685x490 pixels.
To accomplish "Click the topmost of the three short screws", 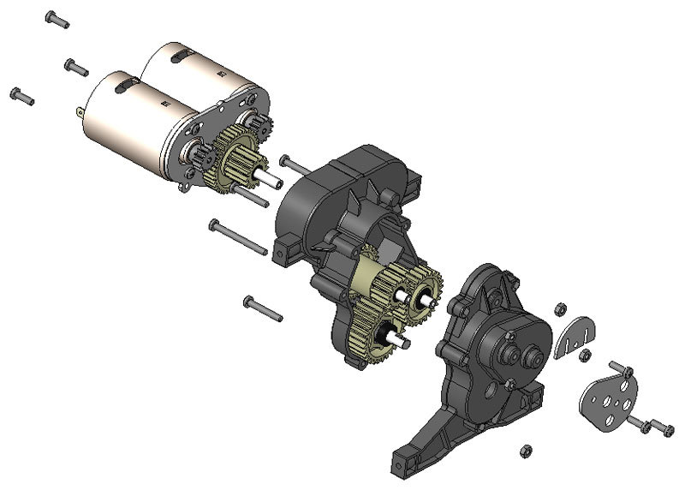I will coord(57,19).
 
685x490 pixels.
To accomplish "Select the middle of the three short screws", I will coord(75,66).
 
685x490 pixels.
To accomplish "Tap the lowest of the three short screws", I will coord(21,95).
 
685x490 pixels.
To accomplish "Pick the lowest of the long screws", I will coord(262,308).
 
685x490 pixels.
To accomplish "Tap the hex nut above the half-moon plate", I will coord(558,308).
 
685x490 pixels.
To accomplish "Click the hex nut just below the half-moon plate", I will coord(586,355).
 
